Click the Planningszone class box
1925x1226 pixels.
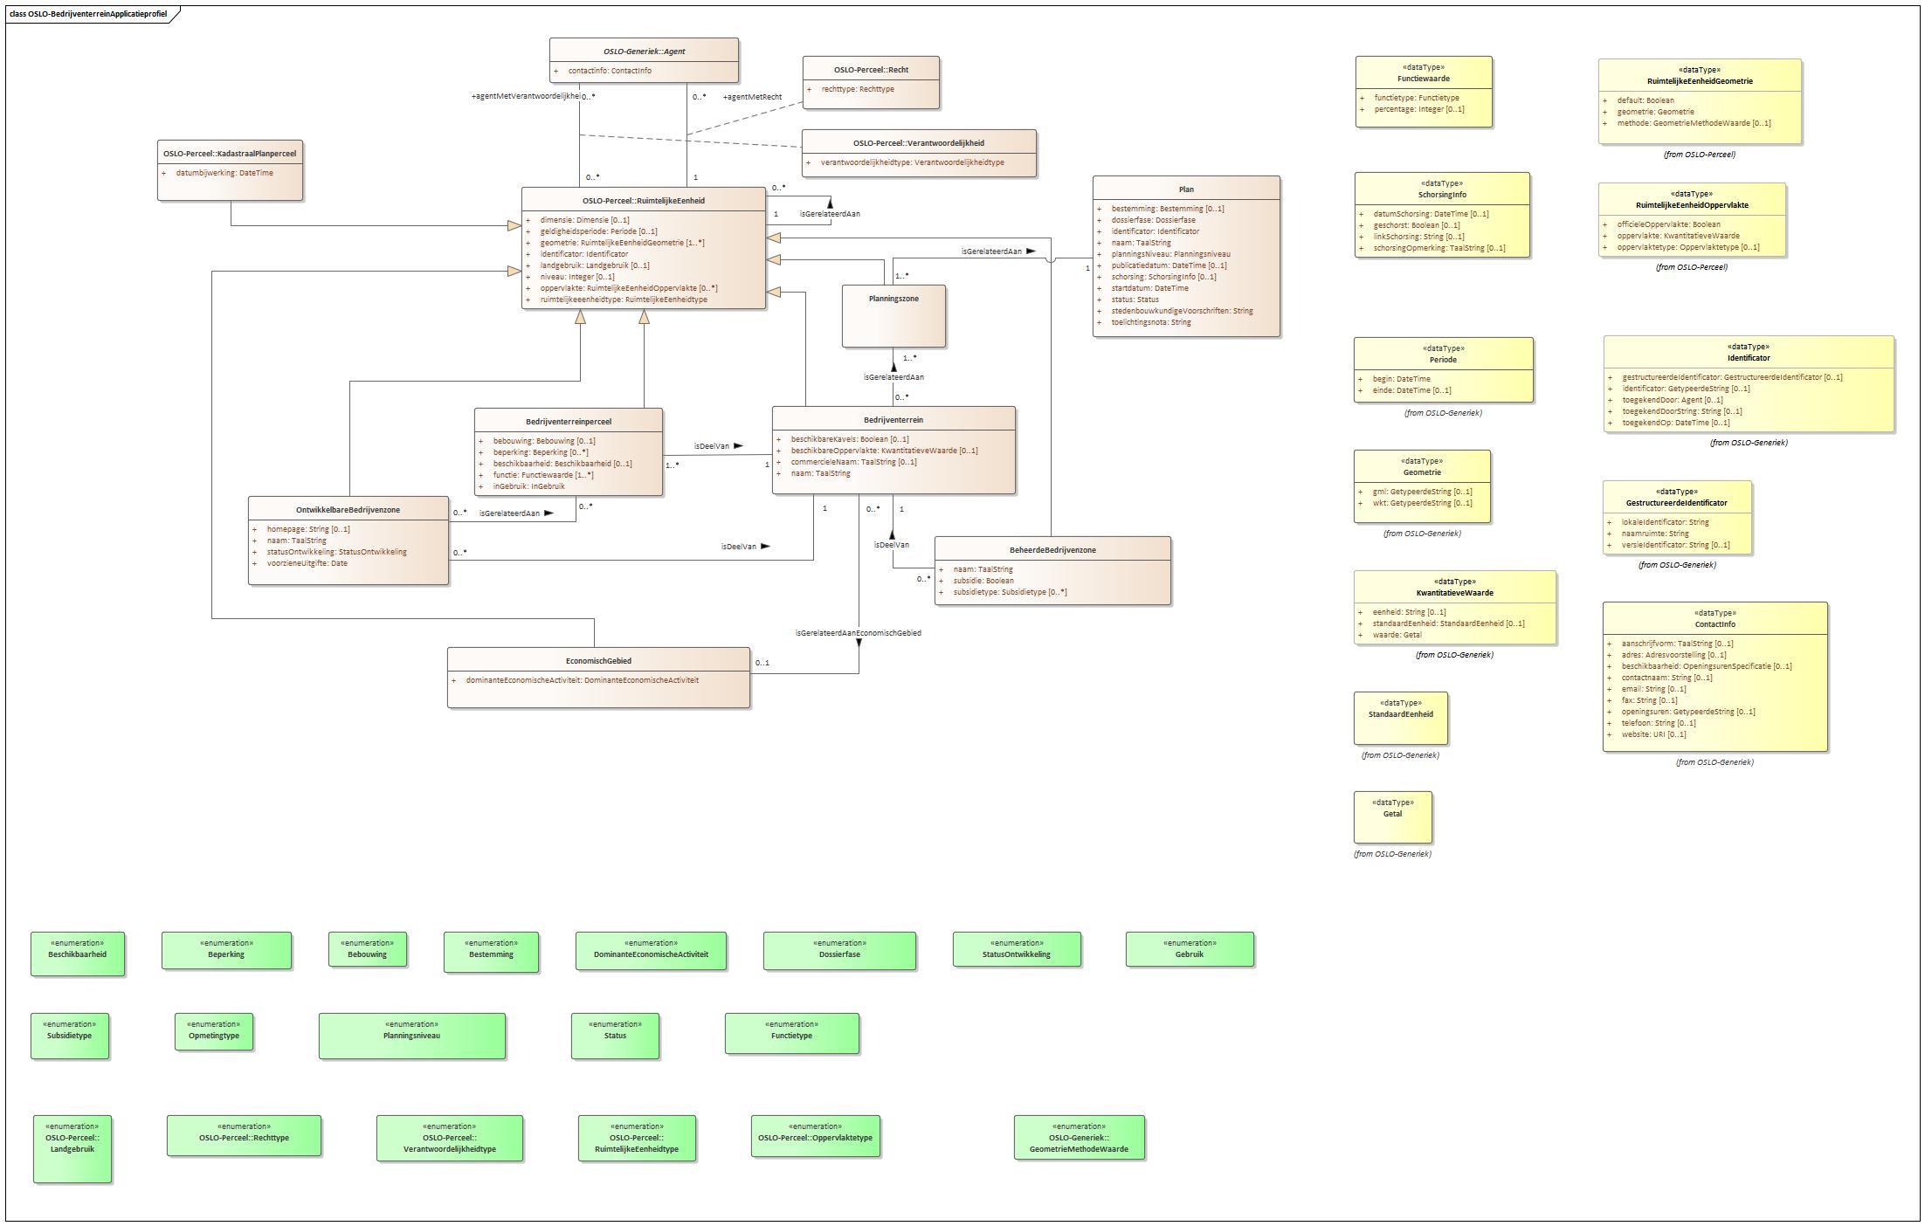coord(894,316)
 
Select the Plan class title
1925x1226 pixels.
coord(1185,189)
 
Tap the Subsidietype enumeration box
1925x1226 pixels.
coord(70,1036)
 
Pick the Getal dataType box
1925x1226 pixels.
coord(1392,816)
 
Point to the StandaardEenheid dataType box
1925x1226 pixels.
coord(1400,718)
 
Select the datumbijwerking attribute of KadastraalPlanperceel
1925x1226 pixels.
coord(224,173)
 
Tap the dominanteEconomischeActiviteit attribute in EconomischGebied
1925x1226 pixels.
coord(582,680)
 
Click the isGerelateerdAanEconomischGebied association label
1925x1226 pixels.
coord(858,633)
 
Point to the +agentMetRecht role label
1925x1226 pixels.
coord(752,97)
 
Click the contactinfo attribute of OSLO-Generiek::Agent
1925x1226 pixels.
coord(609,71)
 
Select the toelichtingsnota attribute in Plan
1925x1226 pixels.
coord(1150,322)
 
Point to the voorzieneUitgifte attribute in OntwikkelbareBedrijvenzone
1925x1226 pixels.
coord(307,563)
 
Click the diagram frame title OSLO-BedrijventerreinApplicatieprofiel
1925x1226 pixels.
coord(90,14)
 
